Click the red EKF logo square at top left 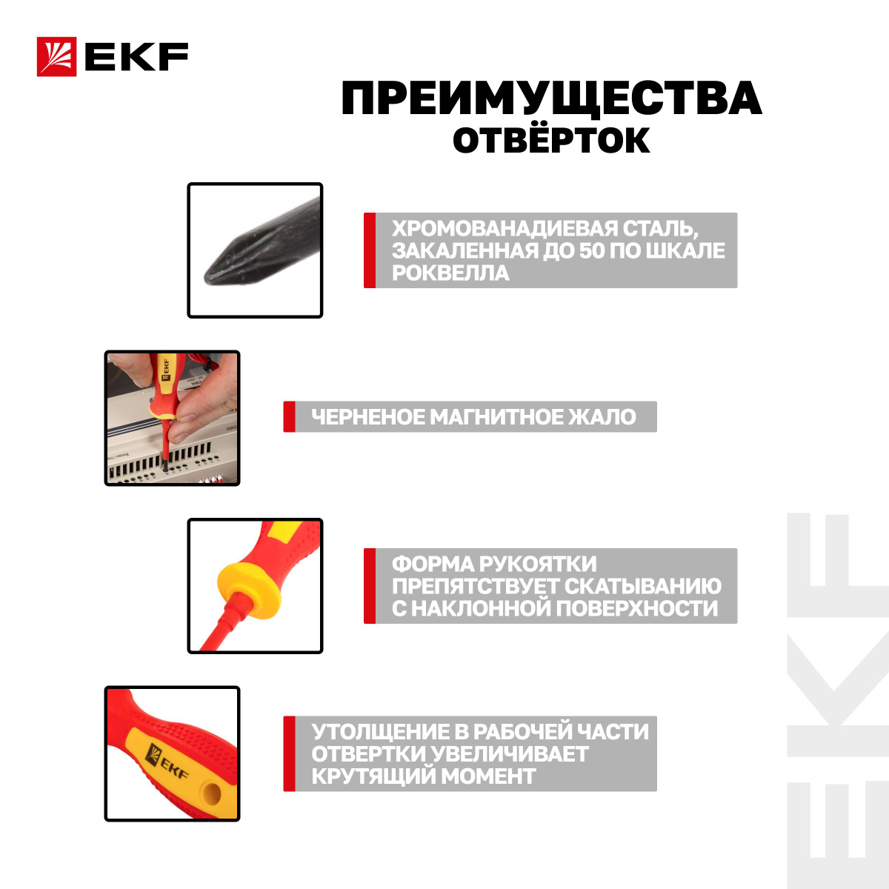tap(56, 56)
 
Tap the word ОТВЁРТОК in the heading tap(551, 140)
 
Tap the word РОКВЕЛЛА tap(450, 273)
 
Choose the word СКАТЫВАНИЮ tap(642, 586)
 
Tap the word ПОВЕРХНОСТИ tap(636, 608)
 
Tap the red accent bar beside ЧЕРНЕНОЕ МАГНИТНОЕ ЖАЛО tap(289, 416)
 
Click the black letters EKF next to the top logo tap(136, 57)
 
